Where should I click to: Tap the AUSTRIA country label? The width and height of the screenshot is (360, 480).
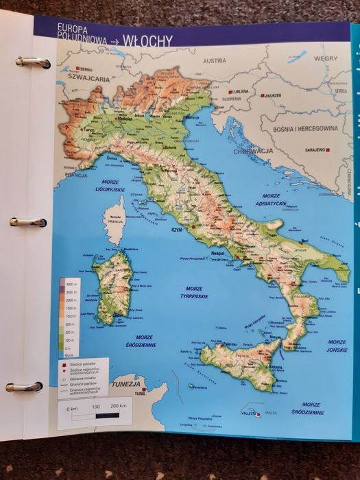(x=214, y=60)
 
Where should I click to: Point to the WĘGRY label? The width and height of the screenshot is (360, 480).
(x=326, y=59)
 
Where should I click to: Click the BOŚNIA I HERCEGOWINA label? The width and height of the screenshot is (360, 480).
(x=307, y=128)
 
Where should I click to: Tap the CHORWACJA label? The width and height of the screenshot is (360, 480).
(x=253, y=152)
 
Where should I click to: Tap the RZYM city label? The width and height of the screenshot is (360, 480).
(x=178, y=230)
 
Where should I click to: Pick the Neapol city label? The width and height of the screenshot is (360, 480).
(x=218, y=254)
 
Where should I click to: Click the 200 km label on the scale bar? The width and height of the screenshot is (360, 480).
(x=118, y=407)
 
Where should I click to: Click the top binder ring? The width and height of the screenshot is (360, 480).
(x=33, y=62)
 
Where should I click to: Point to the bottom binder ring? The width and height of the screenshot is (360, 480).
(x=24, y=387)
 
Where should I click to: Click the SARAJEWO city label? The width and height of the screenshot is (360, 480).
(x=314, y=149)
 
